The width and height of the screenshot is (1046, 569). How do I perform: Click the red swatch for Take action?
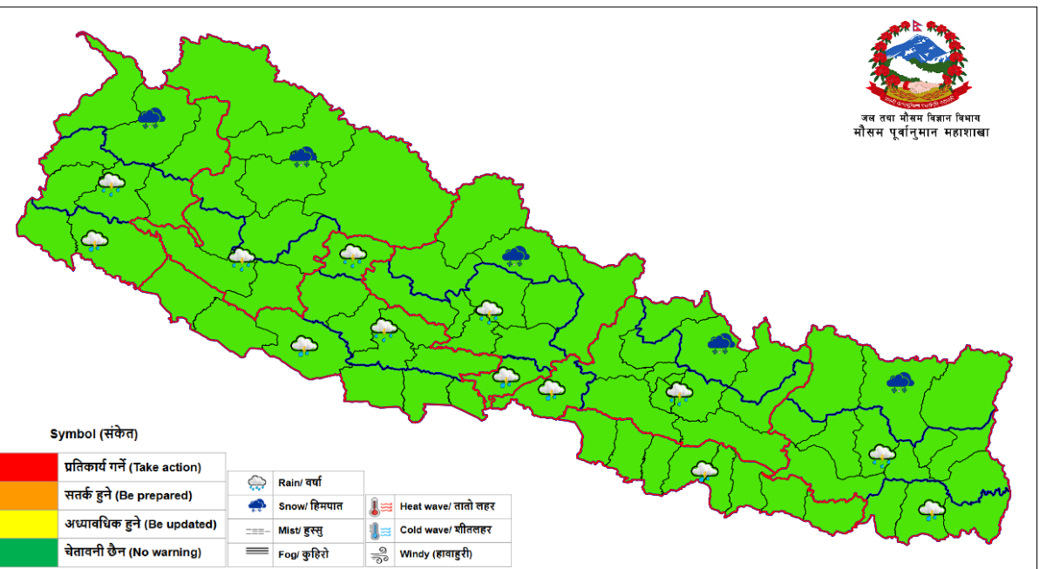pos(29,467)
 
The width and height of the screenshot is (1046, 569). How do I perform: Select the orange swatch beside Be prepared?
pos(29,496)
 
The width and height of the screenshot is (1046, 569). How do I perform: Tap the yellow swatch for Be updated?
pos(29,525)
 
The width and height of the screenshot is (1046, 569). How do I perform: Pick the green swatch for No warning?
pos(29,552)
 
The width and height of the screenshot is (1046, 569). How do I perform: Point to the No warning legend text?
pos(166,552)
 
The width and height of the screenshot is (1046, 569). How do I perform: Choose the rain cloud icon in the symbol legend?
pos(256,482)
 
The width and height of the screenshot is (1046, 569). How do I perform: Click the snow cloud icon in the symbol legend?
pos(256,506)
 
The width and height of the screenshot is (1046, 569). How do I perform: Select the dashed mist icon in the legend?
pos(256,531)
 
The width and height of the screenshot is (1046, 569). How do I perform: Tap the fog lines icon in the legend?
pos(256,553)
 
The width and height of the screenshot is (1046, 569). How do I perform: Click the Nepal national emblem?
pos(916,63)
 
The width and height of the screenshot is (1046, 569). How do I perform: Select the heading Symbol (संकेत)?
pos(94,433)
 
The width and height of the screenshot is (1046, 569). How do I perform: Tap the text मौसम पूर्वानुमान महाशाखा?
pos(920,132)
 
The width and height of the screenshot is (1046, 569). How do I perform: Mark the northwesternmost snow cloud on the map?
pos(152,117)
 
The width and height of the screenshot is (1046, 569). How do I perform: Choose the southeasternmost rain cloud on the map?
pos(931,510)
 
